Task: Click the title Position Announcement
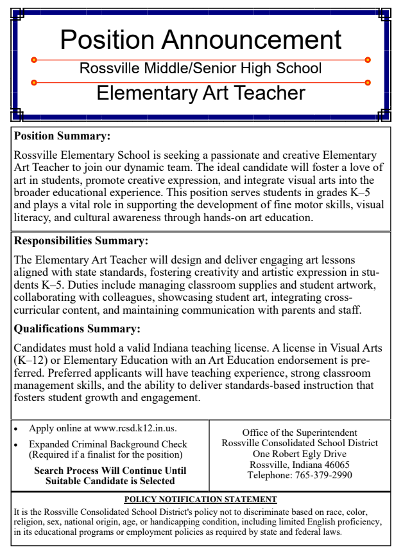pos(201,39)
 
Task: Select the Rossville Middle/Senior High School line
pos(201,68)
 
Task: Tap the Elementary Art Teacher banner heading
pos(201,93)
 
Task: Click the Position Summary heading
pos(62,136)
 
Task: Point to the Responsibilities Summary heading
pos(81,242)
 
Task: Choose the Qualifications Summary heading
pos(77,329)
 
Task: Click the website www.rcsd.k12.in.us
pos(135,429)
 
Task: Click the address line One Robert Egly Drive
pos(299,454)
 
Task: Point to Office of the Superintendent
pos(300,433)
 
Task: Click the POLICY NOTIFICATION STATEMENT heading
pos(200,499)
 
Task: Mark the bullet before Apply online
pos(17,429)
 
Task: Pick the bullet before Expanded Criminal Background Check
pos(17,445)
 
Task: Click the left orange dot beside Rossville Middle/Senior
pos(34,60)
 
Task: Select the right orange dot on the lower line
pos(368,82)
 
